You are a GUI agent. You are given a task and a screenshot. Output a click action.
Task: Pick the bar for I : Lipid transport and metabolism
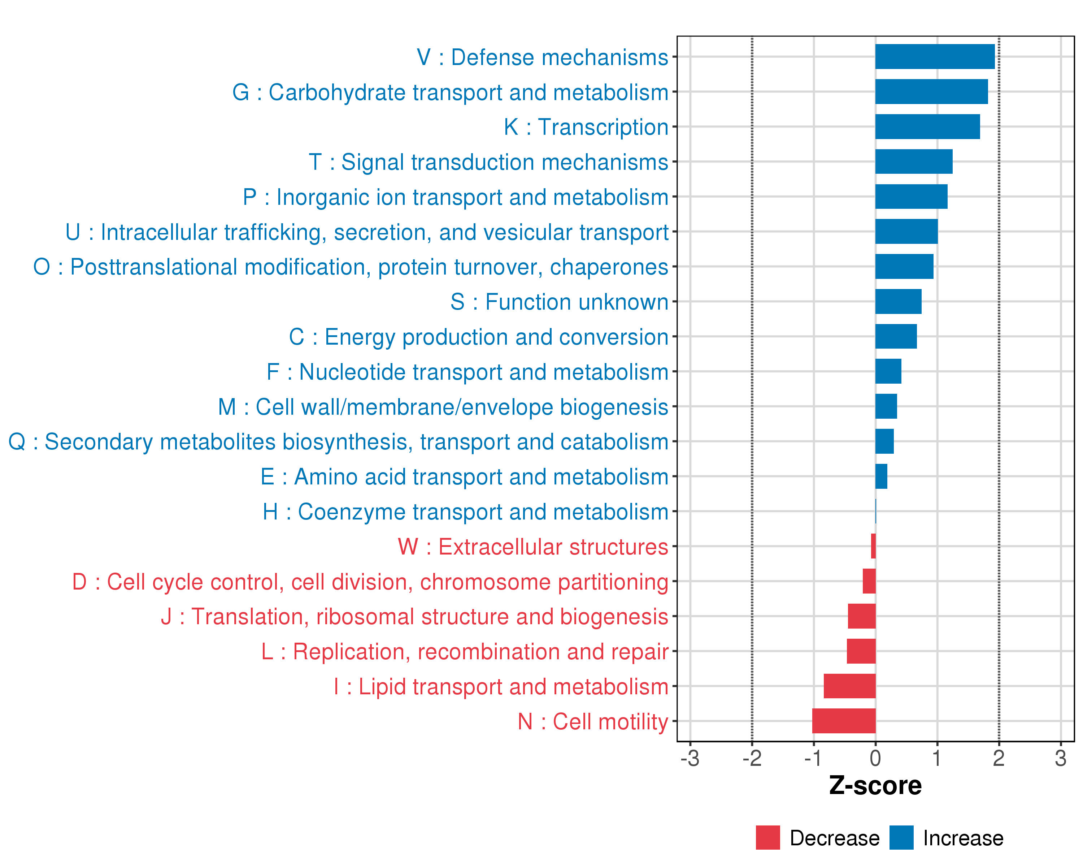(849, 686)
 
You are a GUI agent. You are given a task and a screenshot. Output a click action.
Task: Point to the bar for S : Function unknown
(898, 302)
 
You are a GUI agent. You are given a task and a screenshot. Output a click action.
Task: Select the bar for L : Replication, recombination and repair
(861, 651)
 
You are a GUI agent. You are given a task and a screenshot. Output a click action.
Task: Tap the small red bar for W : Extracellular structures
(873, 546)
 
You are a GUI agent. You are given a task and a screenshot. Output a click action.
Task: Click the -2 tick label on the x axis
(752, 758)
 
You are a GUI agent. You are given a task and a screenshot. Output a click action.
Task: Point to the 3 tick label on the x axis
(1060, 758)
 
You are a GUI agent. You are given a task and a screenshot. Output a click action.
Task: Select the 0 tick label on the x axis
(875, 758)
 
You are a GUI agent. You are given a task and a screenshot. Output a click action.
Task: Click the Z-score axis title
(875, 786)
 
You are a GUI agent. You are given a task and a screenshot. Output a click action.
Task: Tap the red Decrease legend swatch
(767, 838)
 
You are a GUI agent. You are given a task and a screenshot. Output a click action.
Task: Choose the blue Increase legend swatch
(901, 838)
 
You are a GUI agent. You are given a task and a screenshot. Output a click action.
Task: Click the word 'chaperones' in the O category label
(609, 267)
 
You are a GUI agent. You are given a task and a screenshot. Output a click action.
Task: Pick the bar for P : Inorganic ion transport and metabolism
(911, 197)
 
